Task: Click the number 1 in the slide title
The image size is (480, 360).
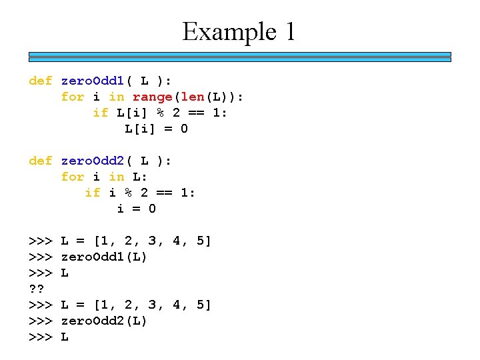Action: pos(289,32)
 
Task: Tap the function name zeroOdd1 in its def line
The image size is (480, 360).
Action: pos(93,81)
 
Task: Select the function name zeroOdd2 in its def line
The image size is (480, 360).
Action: pos(93,161)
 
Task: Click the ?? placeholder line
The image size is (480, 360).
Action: pos(37,289)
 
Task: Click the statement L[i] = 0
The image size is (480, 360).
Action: pos(157,129)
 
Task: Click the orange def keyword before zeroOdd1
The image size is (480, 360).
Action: pos(41,81)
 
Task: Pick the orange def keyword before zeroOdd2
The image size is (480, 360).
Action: pos(41,161)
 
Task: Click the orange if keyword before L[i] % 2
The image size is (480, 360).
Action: pos(101,113)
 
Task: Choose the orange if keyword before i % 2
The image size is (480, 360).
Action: pos(93,193)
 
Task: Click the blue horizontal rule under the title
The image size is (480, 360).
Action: pos(240,57)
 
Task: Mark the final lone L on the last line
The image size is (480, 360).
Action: pos(65,337)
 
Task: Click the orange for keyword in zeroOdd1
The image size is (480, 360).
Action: pos(73,97)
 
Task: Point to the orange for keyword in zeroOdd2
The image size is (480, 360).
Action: pos(73,177)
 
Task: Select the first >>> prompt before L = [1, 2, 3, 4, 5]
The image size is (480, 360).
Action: pos(41,241)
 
